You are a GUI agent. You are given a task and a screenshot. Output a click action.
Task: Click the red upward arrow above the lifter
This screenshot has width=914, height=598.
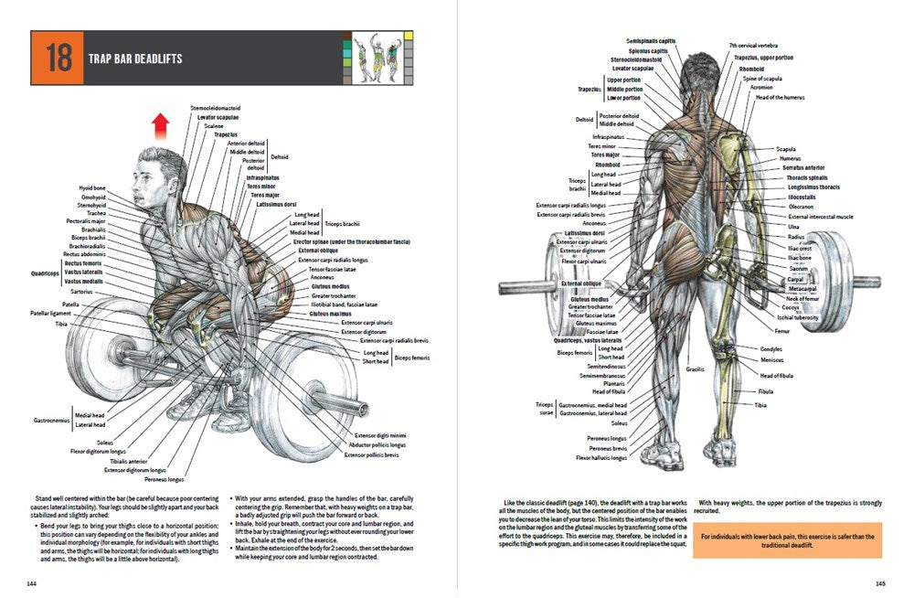pyautogui.click(x=161, y=124)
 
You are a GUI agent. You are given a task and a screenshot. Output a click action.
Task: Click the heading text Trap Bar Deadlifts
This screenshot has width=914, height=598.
pyautogui.click(x=134, y=59)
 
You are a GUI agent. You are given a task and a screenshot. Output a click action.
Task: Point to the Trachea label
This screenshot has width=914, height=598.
pyautogui.click(x=96, y=213)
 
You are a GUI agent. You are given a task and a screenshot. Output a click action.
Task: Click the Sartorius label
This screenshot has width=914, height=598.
pyautogui.click(x=94, y=292)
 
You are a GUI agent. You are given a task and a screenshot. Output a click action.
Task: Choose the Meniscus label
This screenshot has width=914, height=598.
pyautogui.click(x=772, y=360)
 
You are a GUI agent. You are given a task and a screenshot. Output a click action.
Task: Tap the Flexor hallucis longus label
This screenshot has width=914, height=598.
pyautogui.click(x=601, y=458)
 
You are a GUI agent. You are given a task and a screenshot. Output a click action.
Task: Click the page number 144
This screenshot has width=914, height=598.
pyautogui.click(x=32, y=582)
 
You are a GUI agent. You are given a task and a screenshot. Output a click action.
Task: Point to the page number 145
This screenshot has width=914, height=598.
pyautogui.click(x=880, y=582)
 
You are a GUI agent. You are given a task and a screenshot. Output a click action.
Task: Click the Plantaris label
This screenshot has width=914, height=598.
pyautogui.click(x=614, y=384)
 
